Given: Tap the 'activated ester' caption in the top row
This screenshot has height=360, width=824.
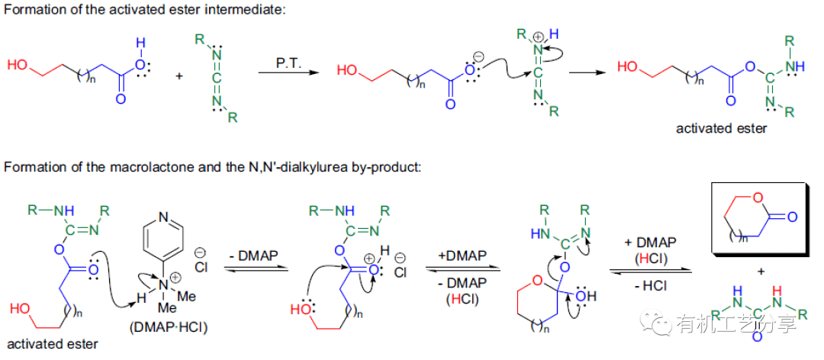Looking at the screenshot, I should [x=721, y=128].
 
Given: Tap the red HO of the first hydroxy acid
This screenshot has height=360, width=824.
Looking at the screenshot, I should [x=17, y=66].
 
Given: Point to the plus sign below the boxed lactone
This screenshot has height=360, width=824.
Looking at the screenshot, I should [x=761, y=272].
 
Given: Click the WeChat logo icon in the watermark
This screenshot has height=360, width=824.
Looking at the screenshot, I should [x=657, y=323].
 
